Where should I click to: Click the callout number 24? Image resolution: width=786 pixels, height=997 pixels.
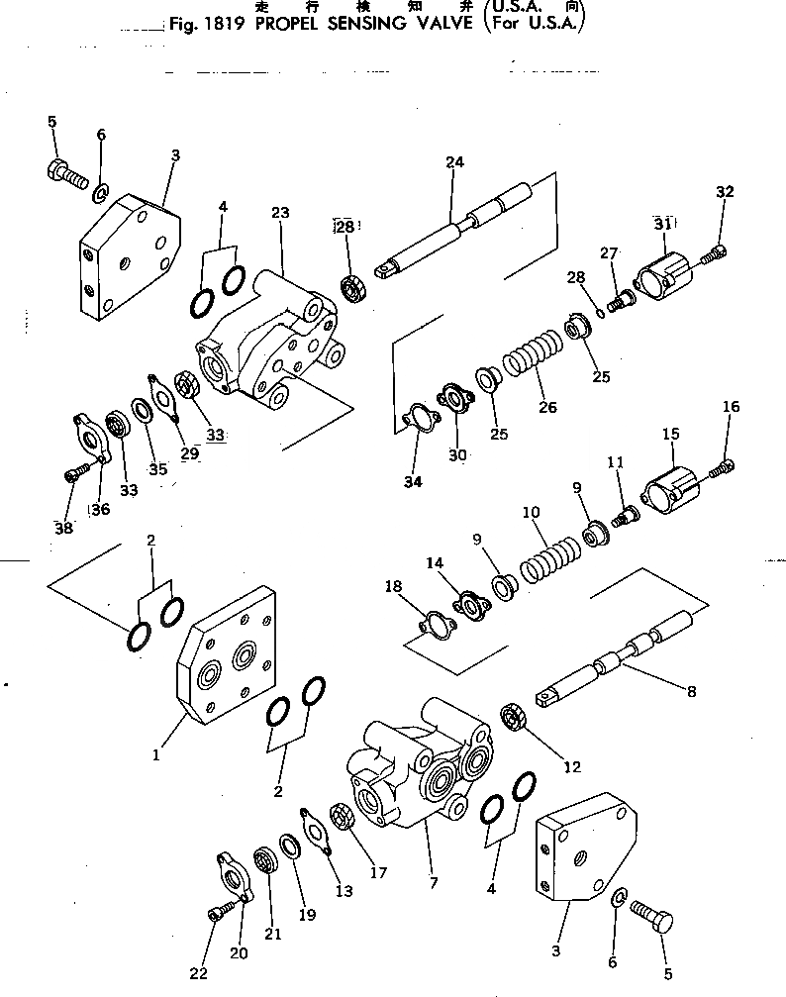click(454, 161)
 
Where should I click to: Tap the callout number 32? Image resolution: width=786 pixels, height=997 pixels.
click(725, 192)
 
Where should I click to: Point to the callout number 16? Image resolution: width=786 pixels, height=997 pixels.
click(731, 406)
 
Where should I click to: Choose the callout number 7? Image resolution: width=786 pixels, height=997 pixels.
click(430, 851)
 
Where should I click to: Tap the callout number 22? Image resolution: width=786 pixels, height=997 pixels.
click(199, 973)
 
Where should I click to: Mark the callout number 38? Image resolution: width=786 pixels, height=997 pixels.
click(63, 528)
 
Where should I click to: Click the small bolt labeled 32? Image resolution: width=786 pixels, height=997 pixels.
click(712, 256)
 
